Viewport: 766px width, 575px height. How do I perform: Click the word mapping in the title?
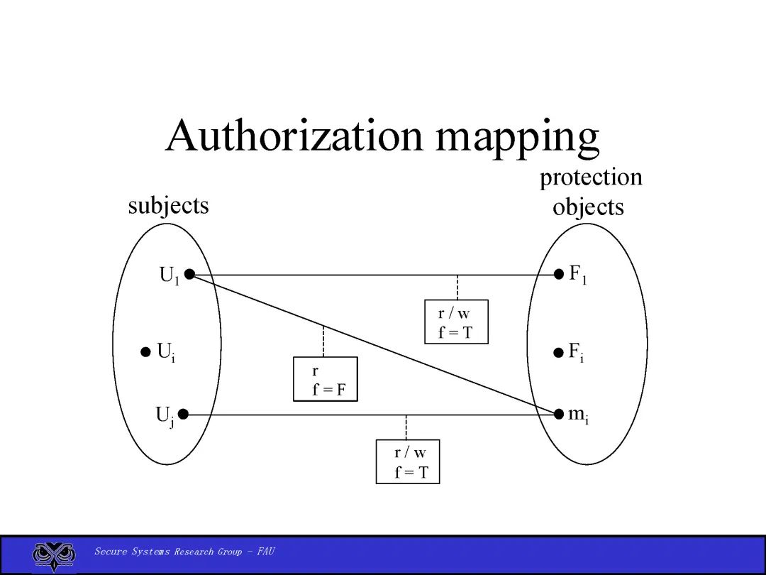(518, 138)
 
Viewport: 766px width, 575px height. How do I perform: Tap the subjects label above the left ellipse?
(169, 206)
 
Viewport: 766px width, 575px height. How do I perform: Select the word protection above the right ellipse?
(591, 177)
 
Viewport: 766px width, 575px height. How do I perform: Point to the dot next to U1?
(189, 275)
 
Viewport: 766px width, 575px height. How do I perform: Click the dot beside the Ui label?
(145, 351)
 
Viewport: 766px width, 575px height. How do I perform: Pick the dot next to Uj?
(183, 414)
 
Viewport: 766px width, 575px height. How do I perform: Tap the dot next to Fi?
(559, 351)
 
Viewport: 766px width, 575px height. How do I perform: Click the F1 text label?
(578, 275)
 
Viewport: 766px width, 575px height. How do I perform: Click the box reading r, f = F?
(325, 379)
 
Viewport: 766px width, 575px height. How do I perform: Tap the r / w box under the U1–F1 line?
(456, 322)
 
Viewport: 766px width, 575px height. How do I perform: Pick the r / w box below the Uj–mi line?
(408, 461)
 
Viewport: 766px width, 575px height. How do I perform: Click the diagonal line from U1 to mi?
(426, 363)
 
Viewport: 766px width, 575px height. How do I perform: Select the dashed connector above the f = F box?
(323, 341)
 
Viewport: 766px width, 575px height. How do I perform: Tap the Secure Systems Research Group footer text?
(184, 552)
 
